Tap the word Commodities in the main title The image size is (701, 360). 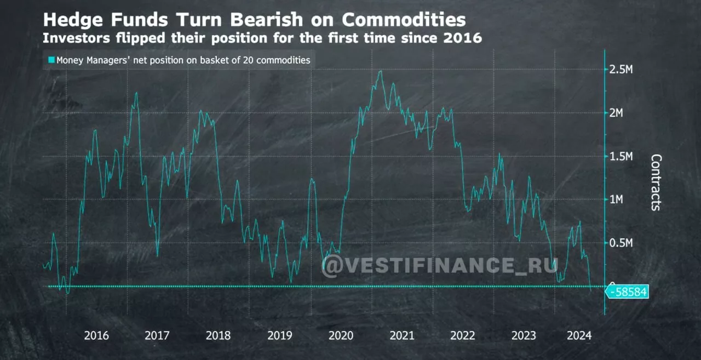tap(404, 20)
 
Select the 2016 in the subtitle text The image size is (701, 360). tap(464, 38)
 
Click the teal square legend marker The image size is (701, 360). tap(51, 60)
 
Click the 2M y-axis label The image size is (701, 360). tap(618, 113)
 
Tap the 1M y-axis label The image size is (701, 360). tap(618, 199)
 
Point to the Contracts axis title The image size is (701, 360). tap(656, 182)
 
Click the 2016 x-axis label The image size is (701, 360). tap(96, 335)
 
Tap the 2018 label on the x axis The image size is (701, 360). tap(219, 335)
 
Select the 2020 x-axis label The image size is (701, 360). tap(341, 335)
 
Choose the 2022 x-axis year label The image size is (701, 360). tap(463, 335)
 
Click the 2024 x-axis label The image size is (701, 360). tap(579, 335)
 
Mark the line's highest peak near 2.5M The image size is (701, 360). tap(380, 71)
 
